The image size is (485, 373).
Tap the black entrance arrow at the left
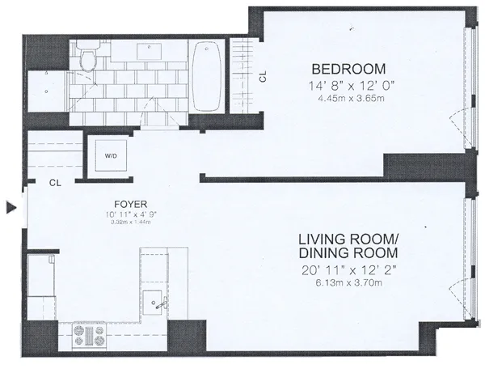[x=11, y=208]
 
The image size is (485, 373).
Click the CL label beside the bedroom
[x=262, y=78]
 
